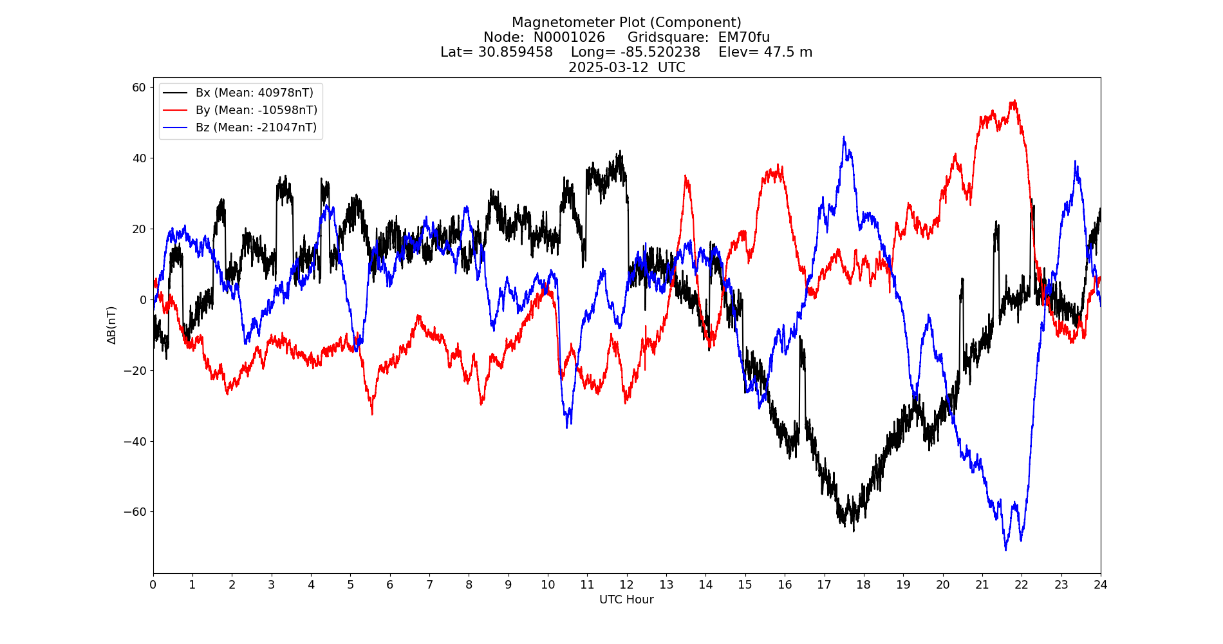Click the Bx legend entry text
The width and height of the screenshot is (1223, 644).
pyautogui.click(x=254, y=93)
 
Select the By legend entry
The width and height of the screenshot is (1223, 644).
pyautogui.click(x=256, y=110)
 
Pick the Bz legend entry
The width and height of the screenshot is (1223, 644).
pyautogui.click(x=256, y=128)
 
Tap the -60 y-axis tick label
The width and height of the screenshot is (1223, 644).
pyautogui.click(x=135, y=512)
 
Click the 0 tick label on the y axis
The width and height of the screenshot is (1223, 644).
pyautogui.click(x=143, y=300)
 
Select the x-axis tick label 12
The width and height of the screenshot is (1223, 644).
pyautogui.click(x=626, y=585)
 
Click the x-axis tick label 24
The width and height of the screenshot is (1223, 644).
pyautogui.click(x=1100, y=585)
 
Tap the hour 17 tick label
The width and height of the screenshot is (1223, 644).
pyautogui.click(x=824, y=585)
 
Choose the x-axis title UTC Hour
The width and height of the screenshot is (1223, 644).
pyautogui.click(x=626, y=600)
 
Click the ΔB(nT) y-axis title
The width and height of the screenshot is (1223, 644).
pyautogui.click(x=112, y=325)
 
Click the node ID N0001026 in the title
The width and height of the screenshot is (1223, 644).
pyautogui.click(x=569, y=37)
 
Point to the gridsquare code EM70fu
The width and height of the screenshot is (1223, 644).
pyautogui.click(x=743, y=37)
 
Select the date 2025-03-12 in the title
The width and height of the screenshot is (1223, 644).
pyautogui.click(x=608, y=68)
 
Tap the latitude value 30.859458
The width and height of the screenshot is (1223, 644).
pyautogui.click(x=515, y=52)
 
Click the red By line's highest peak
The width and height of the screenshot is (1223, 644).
pyautogui.click(x=1014, y=100)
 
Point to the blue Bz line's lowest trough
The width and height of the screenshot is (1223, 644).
pyautogui.click(x=1005, y=549)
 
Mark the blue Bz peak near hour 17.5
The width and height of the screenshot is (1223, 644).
pyautogui.click(x=844, y=137)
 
